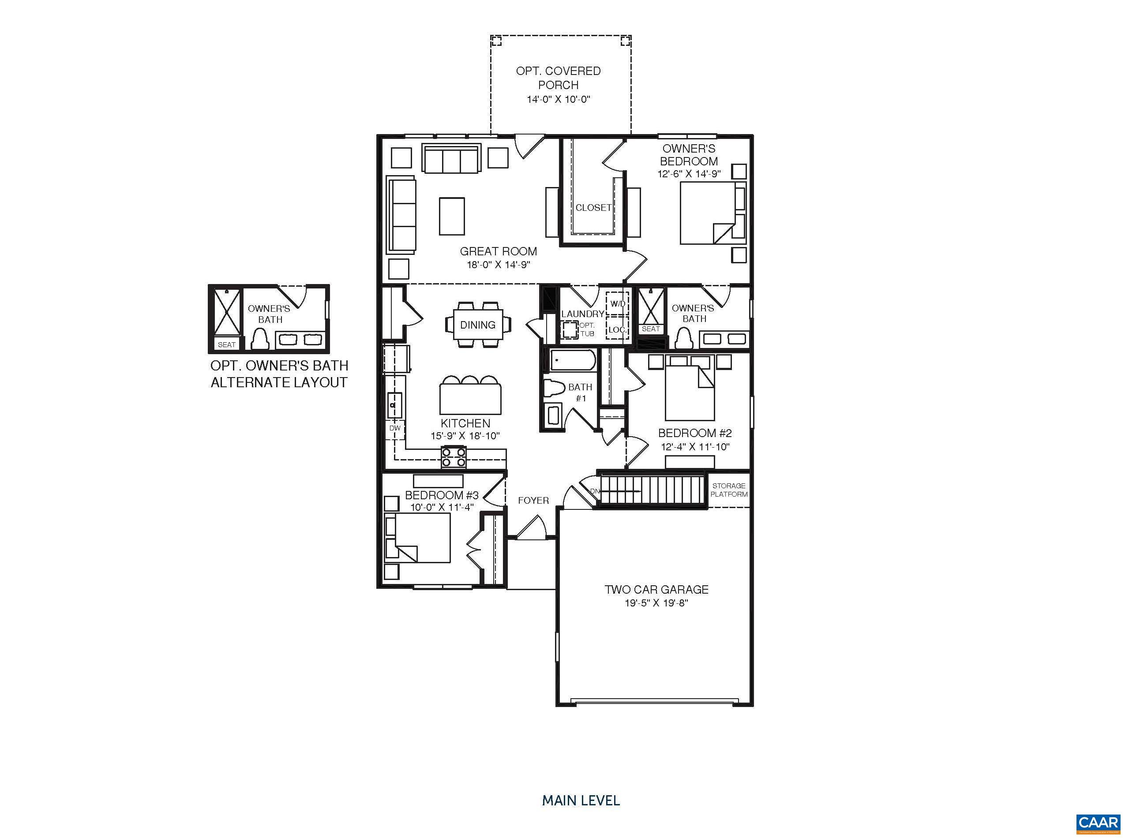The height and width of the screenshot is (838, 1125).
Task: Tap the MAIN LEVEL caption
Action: [581, 801]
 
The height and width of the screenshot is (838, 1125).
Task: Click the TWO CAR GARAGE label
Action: [656, 589]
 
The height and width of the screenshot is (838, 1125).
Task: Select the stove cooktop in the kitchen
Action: [454, 456]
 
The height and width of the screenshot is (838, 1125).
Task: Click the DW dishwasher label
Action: [395, 428]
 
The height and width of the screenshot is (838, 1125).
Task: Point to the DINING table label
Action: [477, 325]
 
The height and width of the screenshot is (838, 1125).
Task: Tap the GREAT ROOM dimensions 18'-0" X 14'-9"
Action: [498, 265]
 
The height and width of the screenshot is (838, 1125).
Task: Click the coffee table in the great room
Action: [452, 216]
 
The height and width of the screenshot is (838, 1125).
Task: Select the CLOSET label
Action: [593, 207]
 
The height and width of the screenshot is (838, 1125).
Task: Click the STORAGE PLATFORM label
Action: [729, 490]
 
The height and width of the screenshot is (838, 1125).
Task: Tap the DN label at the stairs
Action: [595, 491]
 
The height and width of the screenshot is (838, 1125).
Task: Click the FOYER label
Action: [533, 501]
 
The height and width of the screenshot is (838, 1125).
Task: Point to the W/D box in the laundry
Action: [618, 304]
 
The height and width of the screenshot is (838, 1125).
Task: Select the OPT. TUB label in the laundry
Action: [587, 329]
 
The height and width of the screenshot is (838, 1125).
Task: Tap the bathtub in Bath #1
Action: [572, 361]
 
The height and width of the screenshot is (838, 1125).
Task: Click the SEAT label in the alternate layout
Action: [226, 344]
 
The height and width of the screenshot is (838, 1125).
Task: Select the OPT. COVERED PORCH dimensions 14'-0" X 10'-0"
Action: [558, 99]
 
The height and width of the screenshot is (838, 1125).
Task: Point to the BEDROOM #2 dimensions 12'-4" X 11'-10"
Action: [695, 447]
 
